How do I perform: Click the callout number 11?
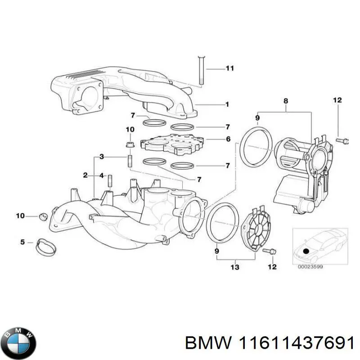[x=229, y=69]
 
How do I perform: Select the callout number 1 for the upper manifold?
[x=227, y=104]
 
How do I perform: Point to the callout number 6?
[x=228, y=139]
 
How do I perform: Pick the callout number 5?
[x=22, y=243]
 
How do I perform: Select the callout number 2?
[x=85, y=175]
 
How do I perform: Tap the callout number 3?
[x=102, y=157]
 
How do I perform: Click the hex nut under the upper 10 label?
[x=130, y=144]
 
